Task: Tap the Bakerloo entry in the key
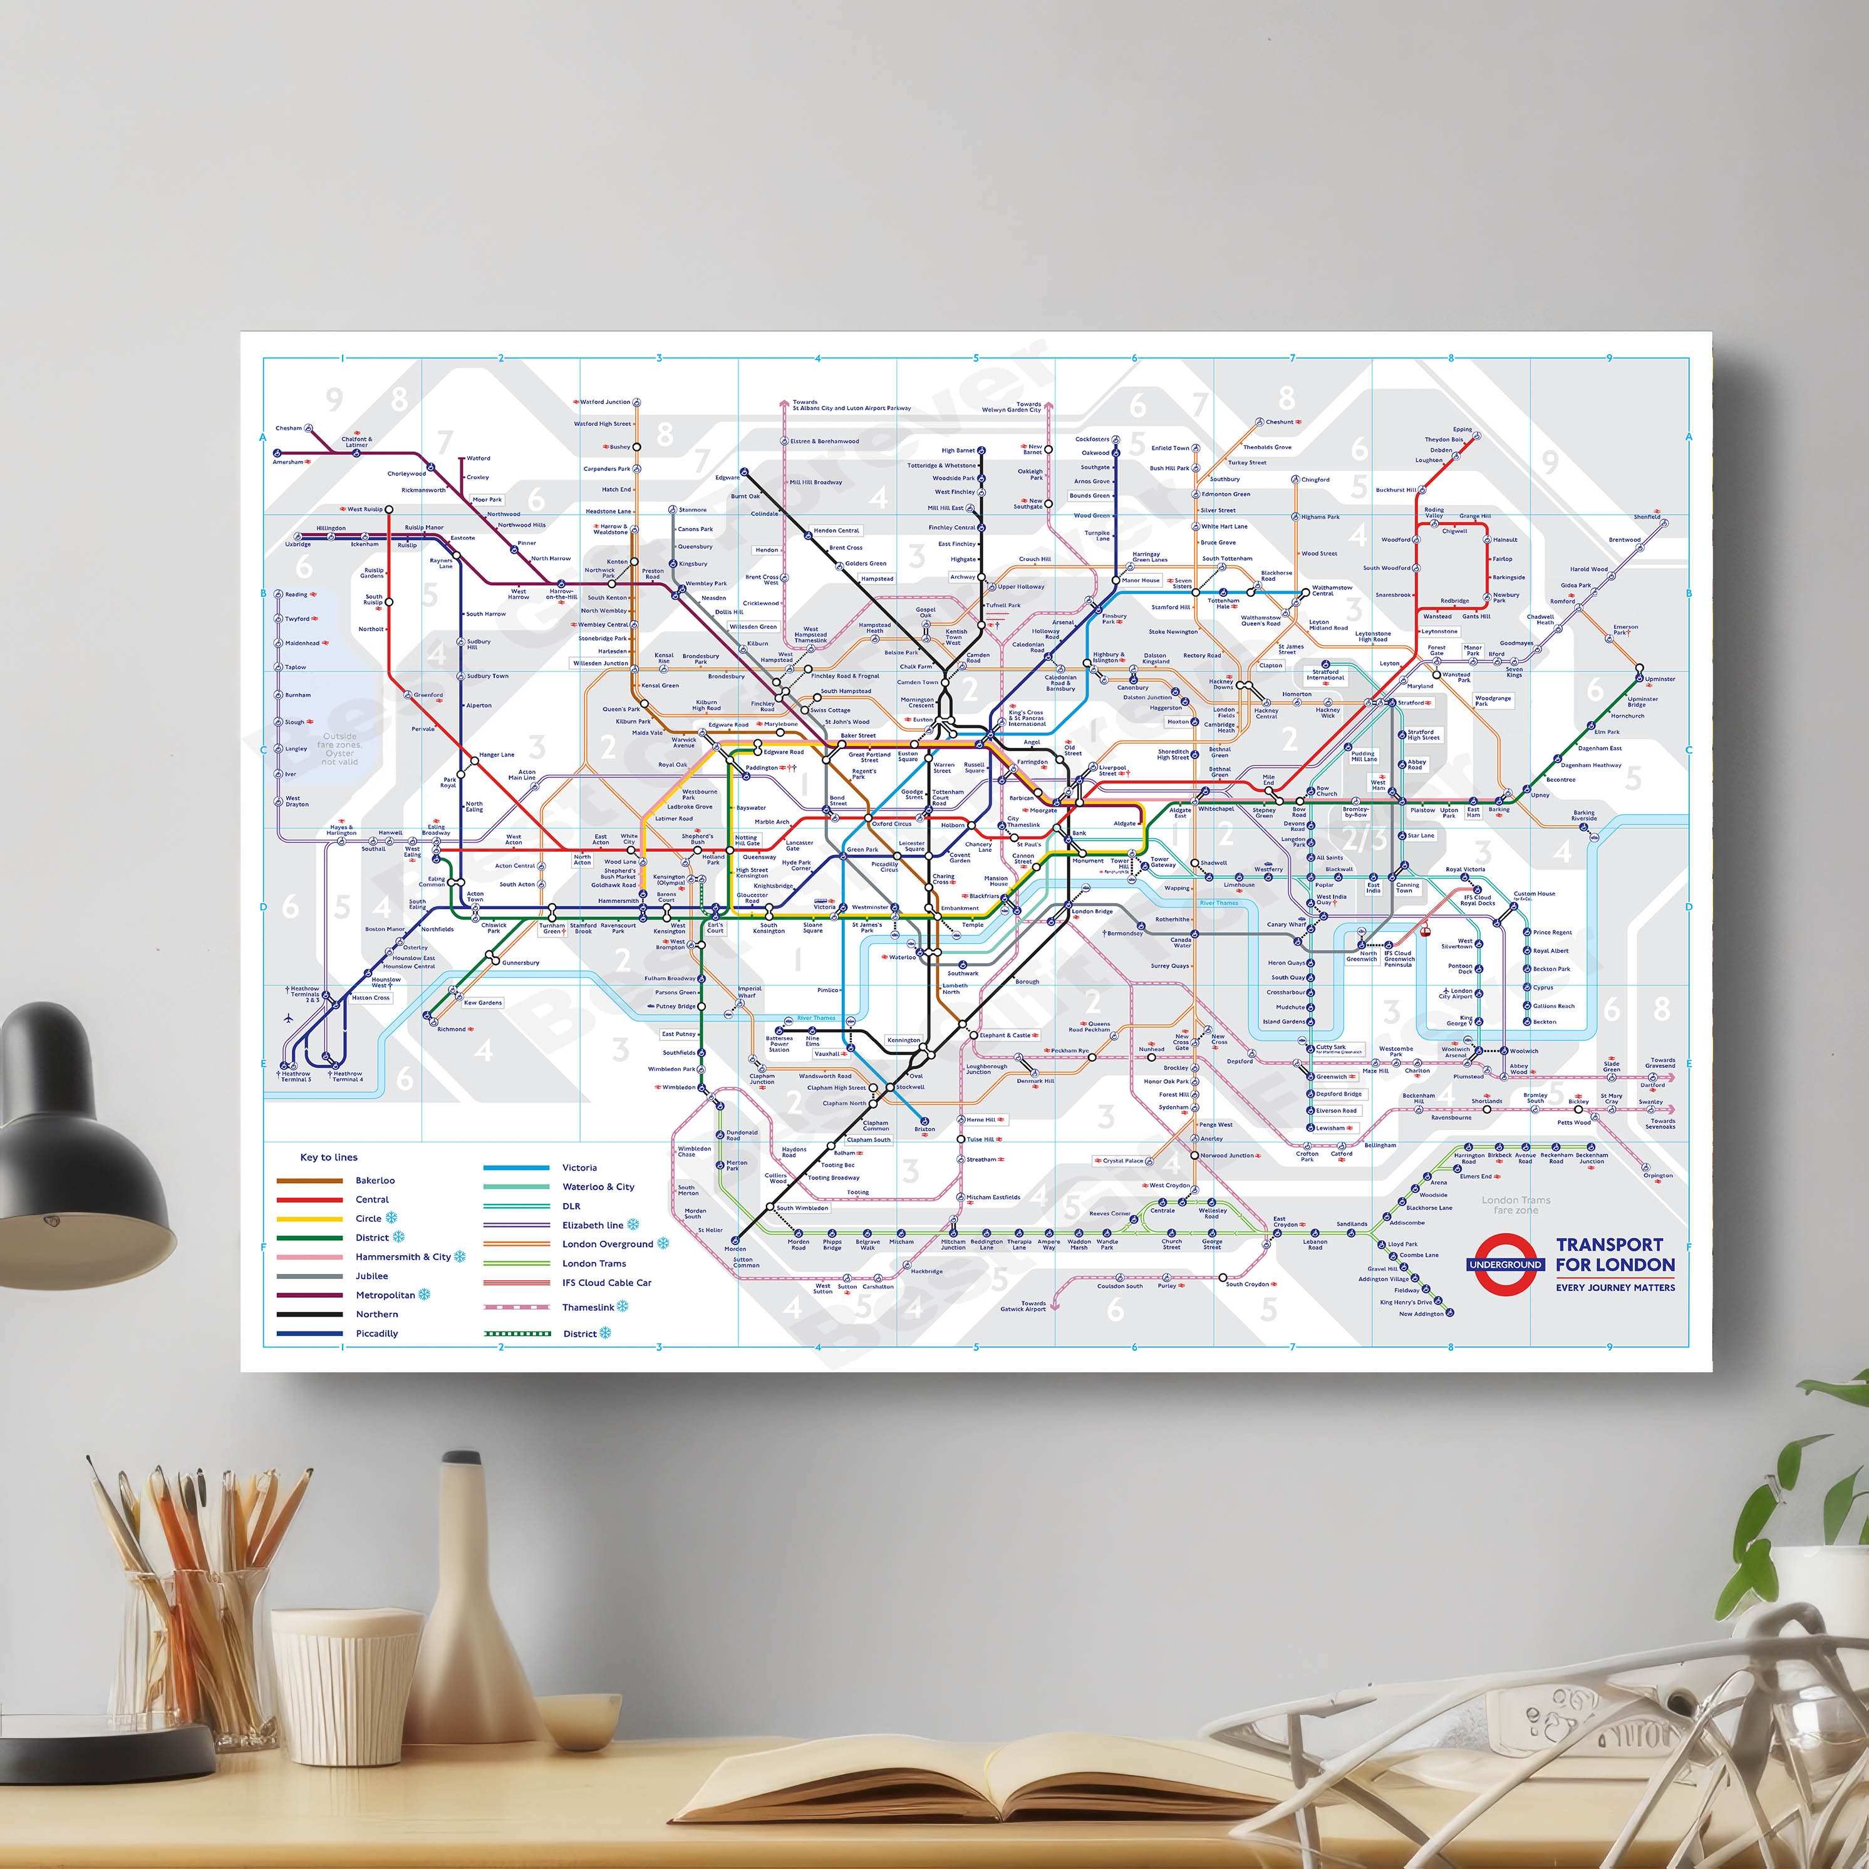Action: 375,1180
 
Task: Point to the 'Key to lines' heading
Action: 328,1157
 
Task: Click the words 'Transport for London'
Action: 1615,1255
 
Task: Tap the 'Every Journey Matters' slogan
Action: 1615,1288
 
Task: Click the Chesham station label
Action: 288,428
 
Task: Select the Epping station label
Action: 1462,430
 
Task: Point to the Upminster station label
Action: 1660,679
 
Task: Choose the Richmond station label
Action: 451,1029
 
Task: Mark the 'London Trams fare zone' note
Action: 1515,1205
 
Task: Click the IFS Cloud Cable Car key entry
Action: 606,1283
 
